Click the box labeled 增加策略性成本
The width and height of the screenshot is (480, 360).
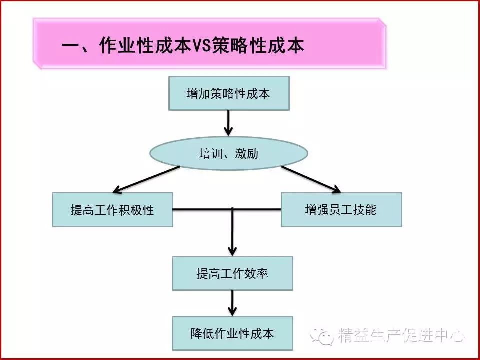coord(229,93)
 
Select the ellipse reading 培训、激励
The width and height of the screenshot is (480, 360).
coord(228,153)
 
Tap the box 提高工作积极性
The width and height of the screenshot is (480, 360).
coord(112,209)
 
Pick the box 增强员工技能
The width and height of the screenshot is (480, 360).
coord(341,209)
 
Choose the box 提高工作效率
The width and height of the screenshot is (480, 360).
coord(232,273)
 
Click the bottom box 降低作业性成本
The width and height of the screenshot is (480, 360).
coord(232,333)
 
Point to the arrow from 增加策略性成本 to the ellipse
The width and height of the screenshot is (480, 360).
coord(228,123)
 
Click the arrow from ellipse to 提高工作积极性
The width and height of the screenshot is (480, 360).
coord(146,179)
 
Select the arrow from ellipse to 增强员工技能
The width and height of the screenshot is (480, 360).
coord(311,179)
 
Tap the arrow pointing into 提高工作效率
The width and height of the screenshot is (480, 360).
coord(232,232)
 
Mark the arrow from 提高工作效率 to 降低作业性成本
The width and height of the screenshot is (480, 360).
coord(232,303)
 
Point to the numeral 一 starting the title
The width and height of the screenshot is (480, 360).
coord(71,46)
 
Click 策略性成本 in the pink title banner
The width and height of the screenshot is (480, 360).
coord(258,46)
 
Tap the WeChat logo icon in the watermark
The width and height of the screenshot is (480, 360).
coord(321,336)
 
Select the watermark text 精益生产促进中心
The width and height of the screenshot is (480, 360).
coord(401,335)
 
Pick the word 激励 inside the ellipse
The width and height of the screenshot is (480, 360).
coord(247,153)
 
